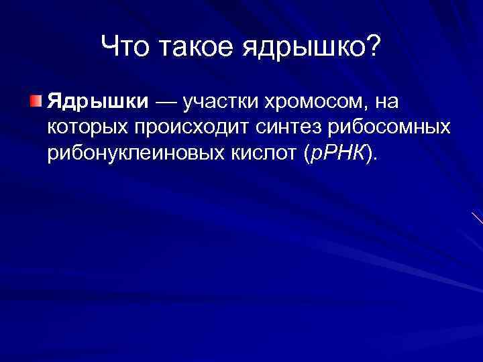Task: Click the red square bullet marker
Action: pos(35,101)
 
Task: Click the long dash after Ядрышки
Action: pos(166,103)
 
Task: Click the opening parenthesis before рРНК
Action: pos(308,155)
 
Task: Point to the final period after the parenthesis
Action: pos(376,159)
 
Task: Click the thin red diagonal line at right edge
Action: pos(476,219)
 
